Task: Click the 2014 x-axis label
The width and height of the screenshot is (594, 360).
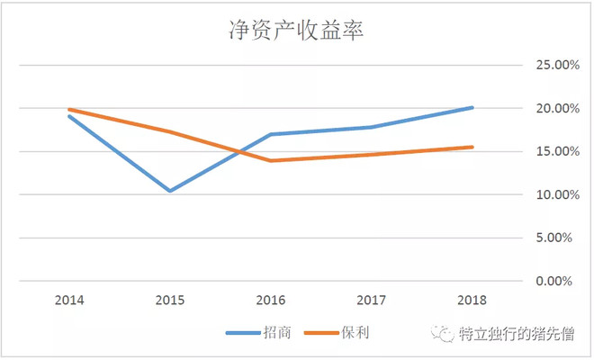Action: (69, 299)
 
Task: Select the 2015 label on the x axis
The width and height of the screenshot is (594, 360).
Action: (170, 299)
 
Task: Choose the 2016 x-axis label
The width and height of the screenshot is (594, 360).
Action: (271, 299)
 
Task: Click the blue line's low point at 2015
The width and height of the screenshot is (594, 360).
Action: (170, 191)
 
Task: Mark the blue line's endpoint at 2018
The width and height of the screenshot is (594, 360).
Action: (472, 108)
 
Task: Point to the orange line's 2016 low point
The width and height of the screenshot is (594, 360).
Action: (271, 161)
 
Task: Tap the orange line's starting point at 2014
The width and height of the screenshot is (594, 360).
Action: (69, 110)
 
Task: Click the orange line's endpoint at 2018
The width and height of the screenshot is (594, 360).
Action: (472, 147)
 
